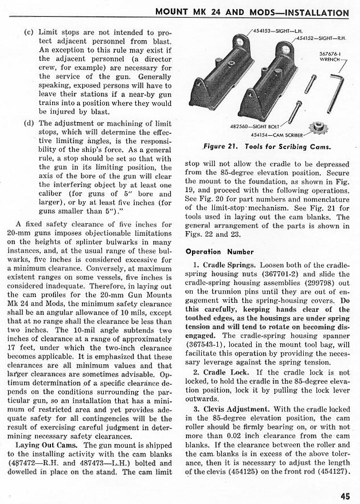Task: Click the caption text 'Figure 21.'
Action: pos(216,146)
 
